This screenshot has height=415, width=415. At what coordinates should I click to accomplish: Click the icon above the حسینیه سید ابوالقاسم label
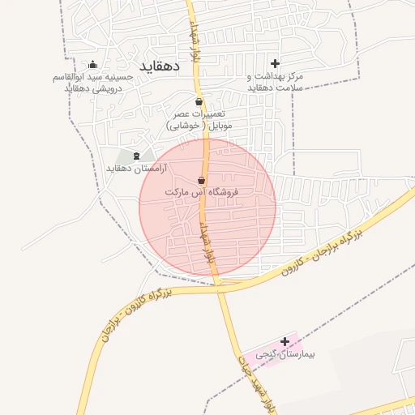tap(93, 65)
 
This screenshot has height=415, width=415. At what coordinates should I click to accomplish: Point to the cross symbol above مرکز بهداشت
tap(276, 63)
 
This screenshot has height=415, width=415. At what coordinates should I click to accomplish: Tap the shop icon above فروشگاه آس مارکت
tap(201, 180)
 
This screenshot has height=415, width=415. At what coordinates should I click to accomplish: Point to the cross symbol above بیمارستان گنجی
tap(285, 342)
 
